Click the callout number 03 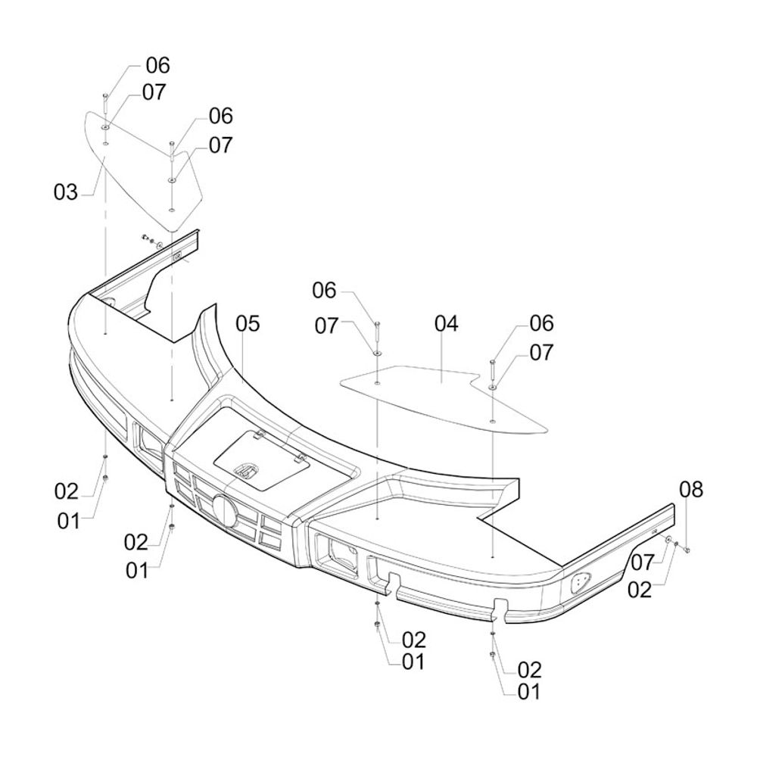point(66,192)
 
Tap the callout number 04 point(447,323)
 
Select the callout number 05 point(248,323)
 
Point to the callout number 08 point(690,490)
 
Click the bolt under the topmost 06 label point(105,98)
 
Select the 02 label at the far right point(640,590)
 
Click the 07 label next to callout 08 point(640,562)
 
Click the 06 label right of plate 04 point(541,323)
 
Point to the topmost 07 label point(154,92)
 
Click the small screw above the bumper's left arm point(143,238)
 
